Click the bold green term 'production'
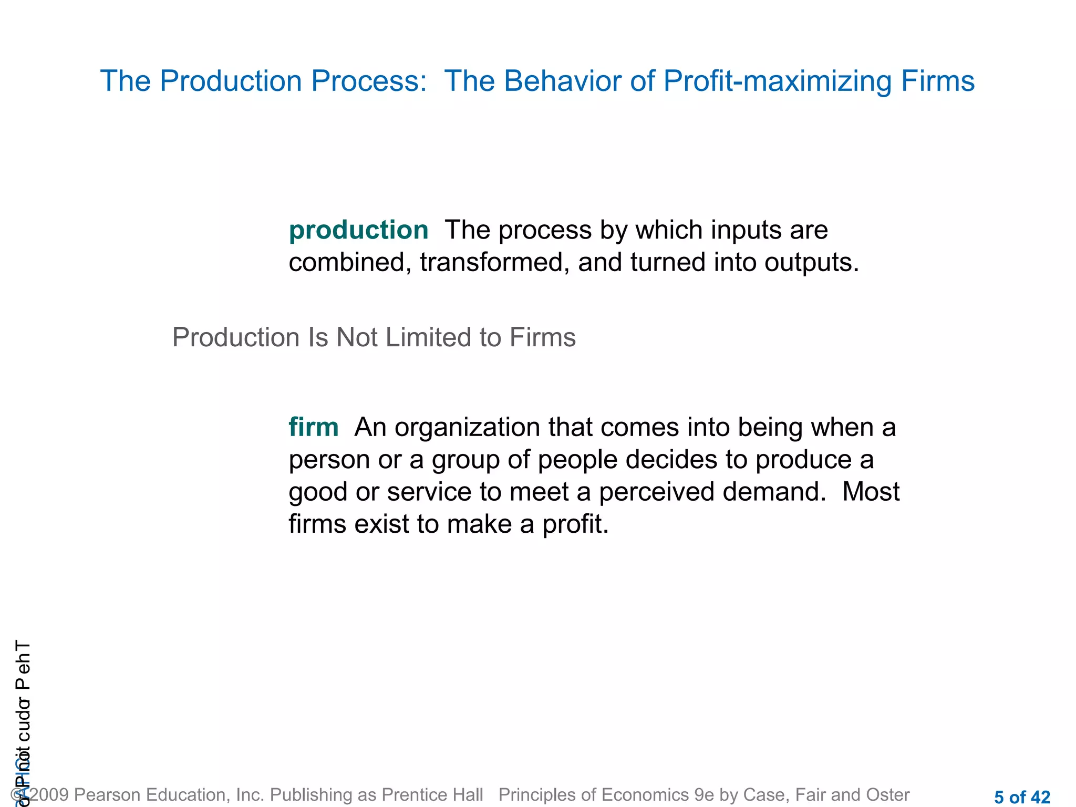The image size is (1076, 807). pos(358,231)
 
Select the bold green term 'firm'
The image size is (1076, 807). pos(314,427)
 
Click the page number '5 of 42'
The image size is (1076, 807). pos(1022,797)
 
